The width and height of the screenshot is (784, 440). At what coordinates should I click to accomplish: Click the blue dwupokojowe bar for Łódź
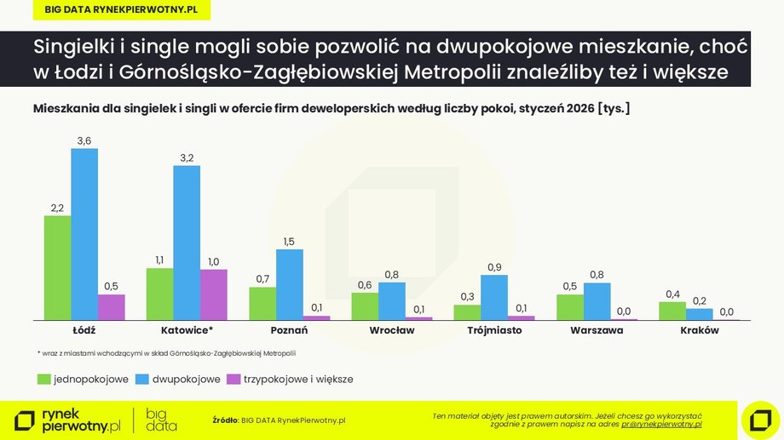coord(84,234)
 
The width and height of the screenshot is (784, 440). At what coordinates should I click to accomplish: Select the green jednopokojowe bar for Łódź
coord(57,267)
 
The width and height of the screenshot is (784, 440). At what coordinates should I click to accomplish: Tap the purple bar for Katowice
coord(214,294)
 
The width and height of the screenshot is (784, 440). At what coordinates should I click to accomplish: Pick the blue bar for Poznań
coord(290,284)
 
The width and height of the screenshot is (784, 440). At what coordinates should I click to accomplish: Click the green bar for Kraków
coord(672,311)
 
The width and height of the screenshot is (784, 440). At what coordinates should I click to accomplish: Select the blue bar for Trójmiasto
coord(494,297)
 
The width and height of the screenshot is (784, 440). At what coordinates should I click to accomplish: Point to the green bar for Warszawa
coord(570,306)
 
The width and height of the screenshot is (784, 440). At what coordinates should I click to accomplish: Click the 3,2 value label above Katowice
coord(187,157)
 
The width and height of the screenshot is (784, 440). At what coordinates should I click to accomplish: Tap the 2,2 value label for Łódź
coord(57,207)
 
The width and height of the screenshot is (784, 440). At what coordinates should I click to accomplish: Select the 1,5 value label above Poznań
coord(290,241)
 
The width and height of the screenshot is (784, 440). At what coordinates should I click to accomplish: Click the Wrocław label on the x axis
coord(392,331)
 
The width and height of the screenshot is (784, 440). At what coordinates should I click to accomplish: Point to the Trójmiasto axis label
coord(494,331)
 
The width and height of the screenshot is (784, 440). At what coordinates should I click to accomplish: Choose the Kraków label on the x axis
coord(699,331)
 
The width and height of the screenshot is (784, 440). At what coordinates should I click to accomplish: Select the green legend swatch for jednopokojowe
coord(43,379)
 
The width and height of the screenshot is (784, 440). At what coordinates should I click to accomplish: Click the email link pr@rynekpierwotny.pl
coord(661,423)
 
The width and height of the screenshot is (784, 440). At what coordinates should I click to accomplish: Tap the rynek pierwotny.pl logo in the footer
coord(68,420)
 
